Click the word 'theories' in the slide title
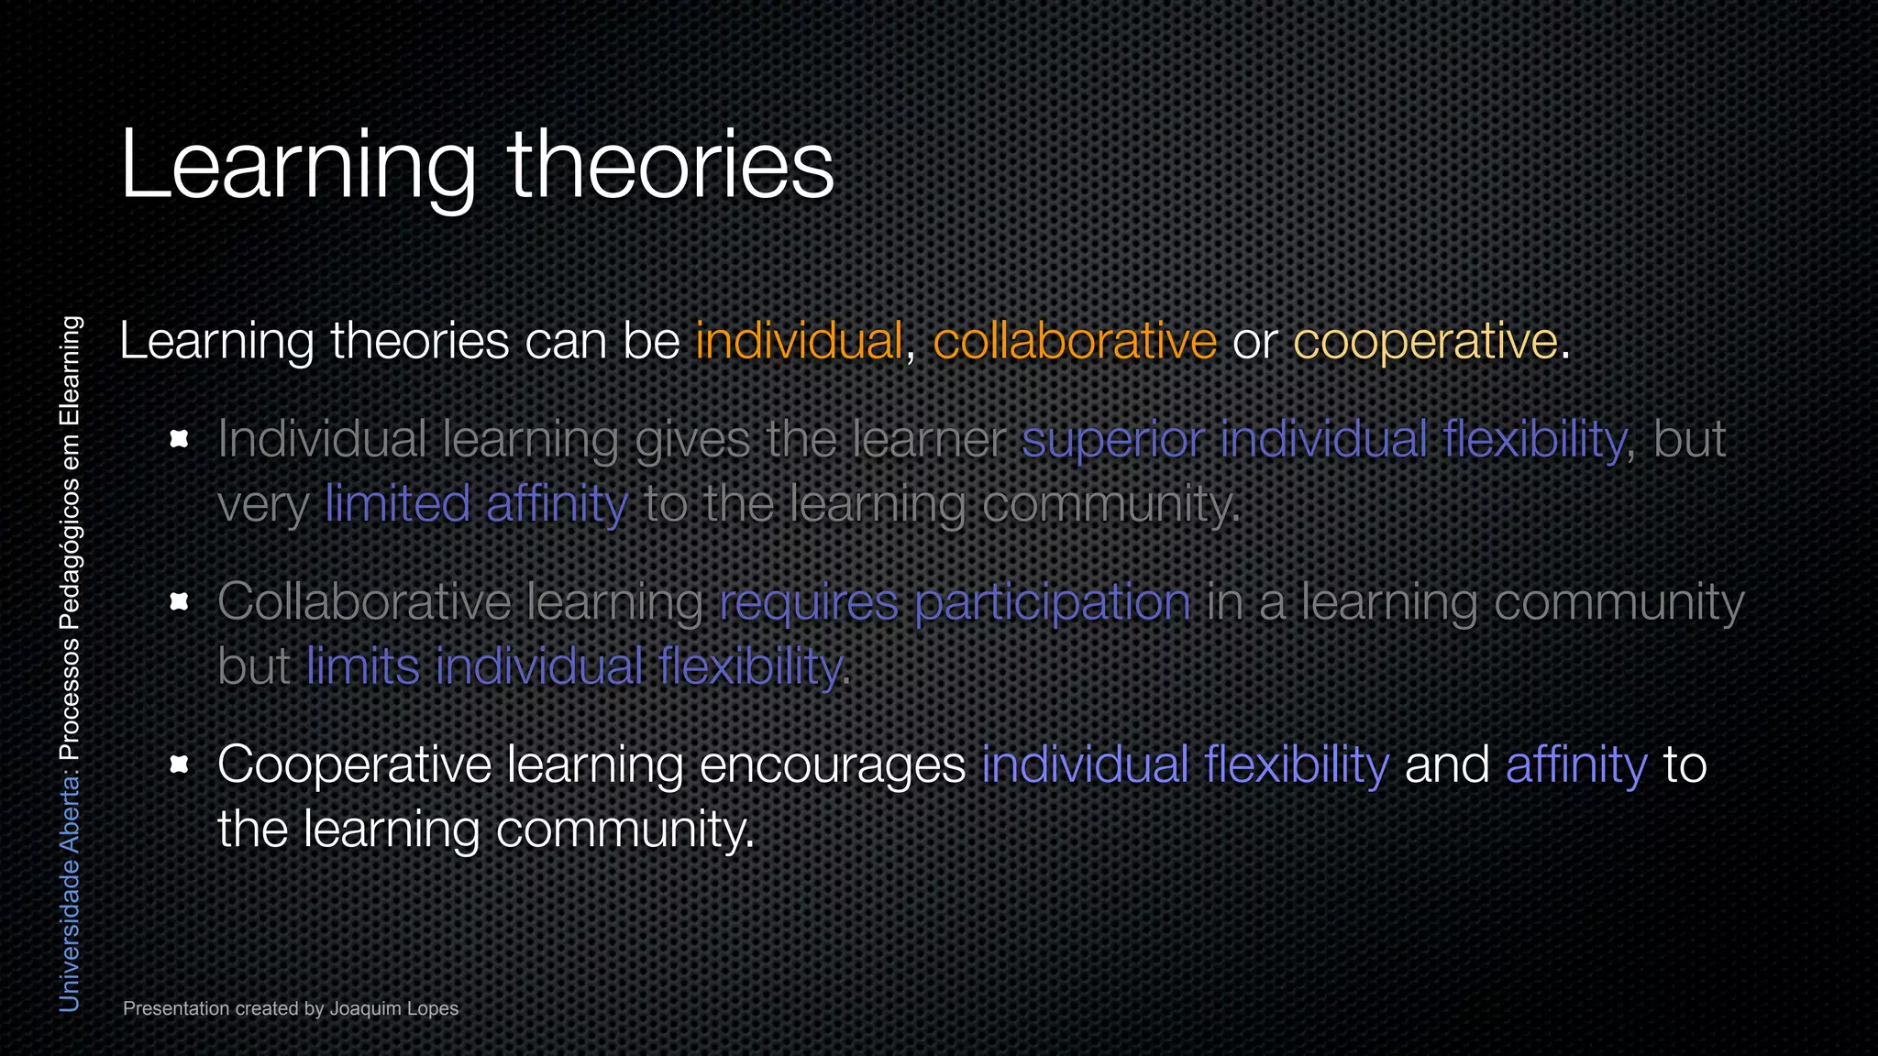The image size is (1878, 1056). coord(670,165)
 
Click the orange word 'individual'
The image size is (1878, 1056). coord(799,341)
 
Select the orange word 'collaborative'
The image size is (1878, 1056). coord(1075,341)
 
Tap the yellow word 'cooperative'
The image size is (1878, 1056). coord(1425,341)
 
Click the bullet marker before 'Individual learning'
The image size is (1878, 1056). coord(180,439)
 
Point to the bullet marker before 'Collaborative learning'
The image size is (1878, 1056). coord(180,601)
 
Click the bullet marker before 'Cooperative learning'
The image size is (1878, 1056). coord(180,764)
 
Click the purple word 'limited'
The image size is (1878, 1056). coord(397,504)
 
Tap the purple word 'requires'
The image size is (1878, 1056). coord(808,603)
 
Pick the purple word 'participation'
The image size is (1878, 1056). coord(1053,603)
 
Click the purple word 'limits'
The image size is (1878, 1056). coord(363,666)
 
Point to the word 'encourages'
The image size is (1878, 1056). coord(832,764)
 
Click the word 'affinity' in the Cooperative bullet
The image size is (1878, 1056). coord(1576,764)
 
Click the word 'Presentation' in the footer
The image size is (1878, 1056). coord(176,1008)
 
